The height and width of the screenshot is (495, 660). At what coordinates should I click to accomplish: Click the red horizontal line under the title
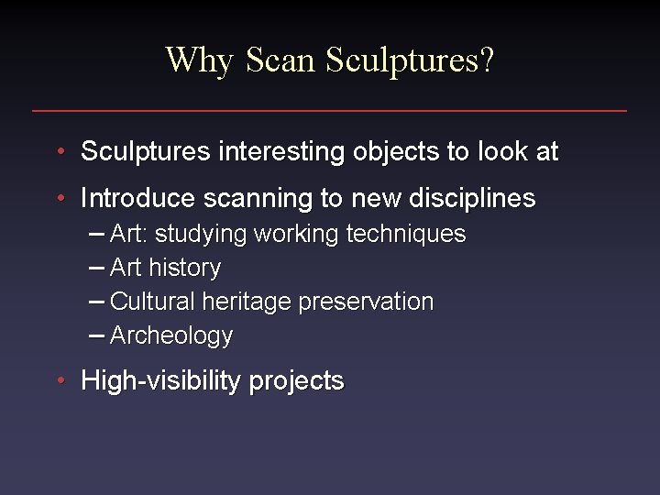pos(330,111)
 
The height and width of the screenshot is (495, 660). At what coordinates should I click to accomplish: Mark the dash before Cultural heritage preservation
pos(97,302)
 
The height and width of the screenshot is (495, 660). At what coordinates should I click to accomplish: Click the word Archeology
pos(171,335)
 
